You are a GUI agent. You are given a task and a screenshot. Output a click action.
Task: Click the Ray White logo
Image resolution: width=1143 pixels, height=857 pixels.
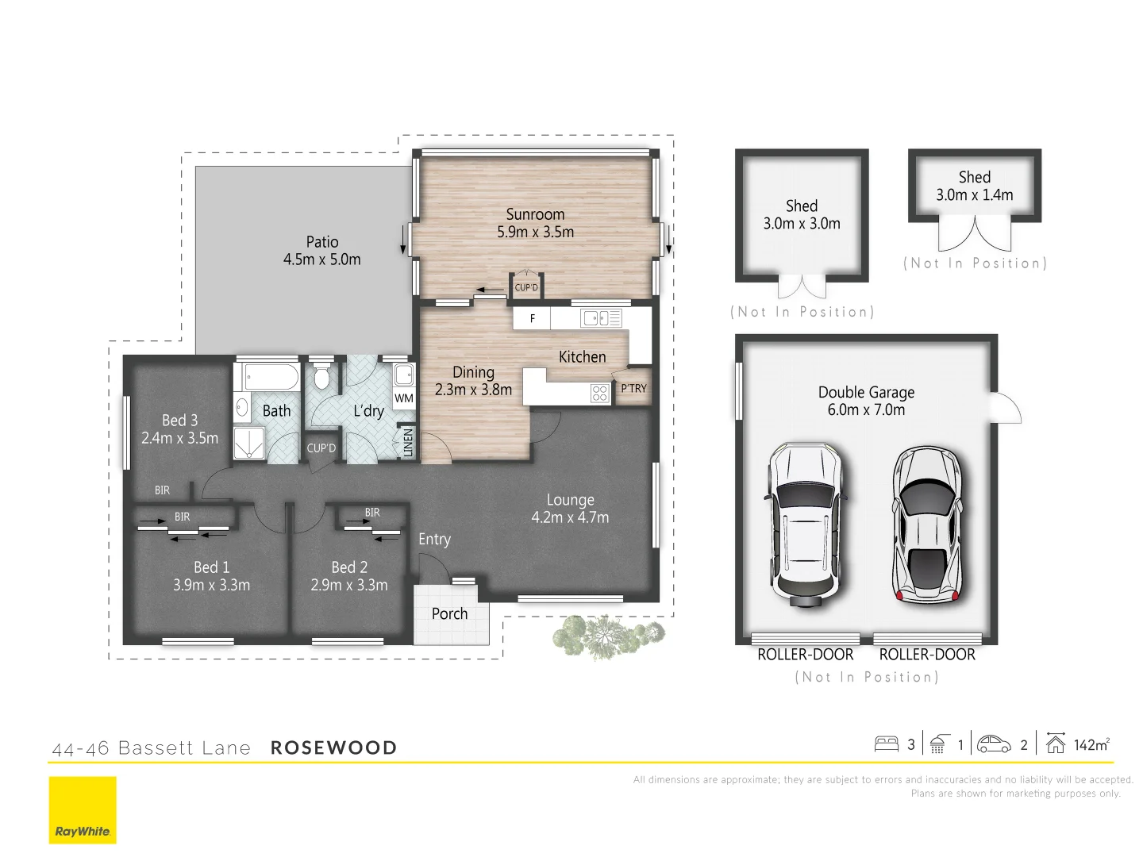pyautogui.click(x=83, y=809)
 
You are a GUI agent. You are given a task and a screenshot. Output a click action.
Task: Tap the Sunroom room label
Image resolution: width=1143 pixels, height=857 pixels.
pyautogui.click(x=535, y=214)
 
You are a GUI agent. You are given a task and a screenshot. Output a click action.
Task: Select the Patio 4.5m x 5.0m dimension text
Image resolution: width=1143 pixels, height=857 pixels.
pyautogui.click(x=321, y=259)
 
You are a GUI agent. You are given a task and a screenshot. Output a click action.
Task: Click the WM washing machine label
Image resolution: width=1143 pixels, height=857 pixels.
pyautogui.click(x=404, y=398)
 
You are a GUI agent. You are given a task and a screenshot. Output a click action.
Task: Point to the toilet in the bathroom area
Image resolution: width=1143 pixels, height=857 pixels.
pyautogui.click(x=321, y=377)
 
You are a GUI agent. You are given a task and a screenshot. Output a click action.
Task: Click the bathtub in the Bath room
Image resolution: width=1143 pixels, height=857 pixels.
pyautogui.click(x=271, y=376)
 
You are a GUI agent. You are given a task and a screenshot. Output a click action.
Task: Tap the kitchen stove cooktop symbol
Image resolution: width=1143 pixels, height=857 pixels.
pyautogui.click(x=599, y=393)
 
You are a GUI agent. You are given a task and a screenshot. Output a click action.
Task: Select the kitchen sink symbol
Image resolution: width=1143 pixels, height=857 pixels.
pyautogui.click(x=601, y=318)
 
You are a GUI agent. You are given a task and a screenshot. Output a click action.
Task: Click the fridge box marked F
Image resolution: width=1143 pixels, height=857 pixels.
pyautogui.click(x=533, y=318)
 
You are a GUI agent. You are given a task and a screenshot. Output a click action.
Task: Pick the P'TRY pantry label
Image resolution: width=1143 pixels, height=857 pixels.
pyautogui.click(x=633, y=388)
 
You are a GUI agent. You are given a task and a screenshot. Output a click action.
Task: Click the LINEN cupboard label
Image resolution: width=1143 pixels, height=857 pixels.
pyautogui.click(x=408, y=442)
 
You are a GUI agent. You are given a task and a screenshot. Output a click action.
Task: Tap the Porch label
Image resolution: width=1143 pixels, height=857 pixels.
pyautogui.click(x=449, y=613)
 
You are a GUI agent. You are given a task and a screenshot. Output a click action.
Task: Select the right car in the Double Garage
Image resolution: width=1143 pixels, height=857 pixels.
pyautogui.click(x=926, y=524)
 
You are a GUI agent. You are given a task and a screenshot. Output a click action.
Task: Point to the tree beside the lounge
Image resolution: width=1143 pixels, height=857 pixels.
pyautogui.click(x=607, y=635)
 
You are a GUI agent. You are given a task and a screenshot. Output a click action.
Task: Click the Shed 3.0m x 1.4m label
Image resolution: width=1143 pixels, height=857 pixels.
pyautogui.click(x=974, y=186)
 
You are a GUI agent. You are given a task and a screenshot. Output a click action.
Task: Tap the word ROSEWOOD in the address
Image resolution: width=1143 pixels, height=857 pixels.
pyautogui.click(x=333, y=747)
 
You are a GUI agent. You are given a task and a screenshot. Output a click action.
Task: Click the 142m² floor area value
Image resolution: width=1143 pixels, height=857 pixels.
pyautogui.click(x=1091, y=744)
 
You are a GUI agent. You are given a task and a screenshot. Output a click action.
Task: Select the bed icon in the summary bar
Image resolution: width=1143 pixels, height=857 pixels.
pyautogui.click(x=886, y=744)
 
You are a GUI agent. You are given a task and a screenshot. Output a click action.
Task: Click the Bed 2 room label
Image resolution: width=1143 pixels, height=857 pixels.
pyautogui.click(x=349, y=567)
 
